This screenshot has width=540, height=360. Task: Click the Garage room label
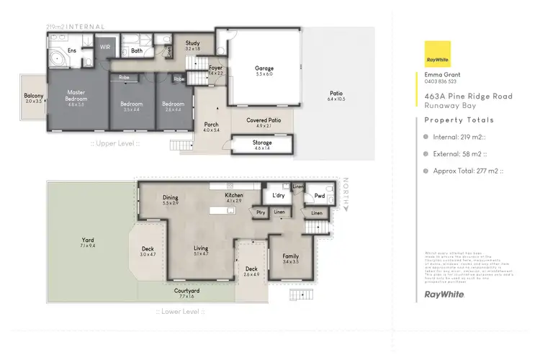click(264, 69)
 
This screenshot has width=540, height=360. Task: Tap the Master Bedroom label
click(76, 96)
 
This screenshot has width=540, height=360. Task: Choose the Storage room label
click(262, 143)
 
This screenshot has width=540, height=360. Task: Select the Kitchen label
click(233, 196)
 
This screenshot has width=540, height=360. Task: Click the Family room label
click(291, 256)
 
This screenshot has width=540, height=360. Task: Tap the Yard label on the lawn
click(88, 240)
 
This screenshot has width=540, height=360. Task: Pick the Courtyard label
click(186, 291)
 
